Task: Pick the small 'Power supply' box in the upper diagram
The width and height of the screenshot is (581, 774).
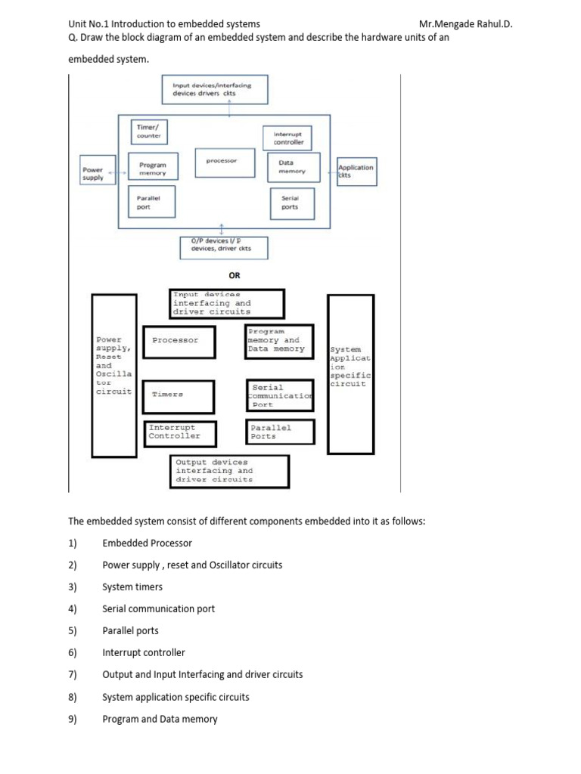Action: coord(93,173)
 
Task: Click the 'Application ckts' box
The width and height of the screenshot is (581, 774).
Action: coord(356,171)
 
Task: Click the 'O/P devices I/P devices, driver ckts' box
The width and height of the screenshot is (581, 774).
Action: coord(222,246)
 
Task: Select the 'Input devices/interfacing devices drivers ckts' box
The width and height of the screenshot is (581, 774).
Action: coord(211,91)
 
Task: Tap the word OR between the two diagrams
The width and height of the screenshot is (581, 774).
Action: coord(235,276)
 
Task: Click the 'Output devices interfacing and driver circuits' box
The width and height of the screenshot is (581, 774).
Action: coord(229,471)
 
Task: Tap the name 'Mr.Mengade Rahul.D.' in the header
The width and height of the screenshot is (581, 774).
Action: coord(465,24)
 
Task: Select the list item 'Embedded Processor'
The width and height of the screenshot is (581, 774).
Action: coord(147,543)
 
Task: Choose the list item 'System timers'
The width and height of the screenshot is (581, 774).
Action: coord(132,587)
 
